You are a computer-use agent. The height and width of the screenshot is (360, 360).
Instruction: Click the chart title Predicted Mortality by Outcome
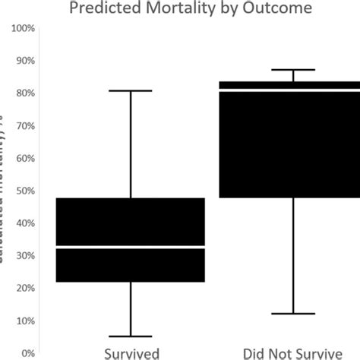click(179, 10)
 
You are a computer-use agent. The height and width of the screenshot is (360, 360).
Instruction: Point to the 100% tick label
click(24, 28)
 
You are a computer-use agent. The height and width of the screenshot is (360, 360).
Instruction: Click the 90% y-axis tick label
click(25, 61)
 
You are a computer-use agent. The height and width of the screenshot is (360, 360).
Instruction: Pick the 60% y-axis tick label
click(25, 159)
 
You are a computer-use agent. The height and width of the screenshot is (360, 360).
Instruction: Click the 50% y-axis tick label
click(25, 191)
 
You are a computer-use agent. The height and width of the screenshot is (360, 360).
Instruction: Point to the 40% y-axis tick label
click(25, 223)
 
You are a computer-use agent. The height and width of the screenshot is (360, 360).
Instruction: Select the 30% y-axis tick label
click(25, 256)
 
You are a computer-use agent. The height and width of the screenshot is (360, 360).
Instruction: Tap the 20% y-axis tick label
click(25, 289)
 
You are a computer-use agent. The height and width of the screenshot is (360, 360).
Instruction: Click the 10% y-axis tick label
click(25, 321)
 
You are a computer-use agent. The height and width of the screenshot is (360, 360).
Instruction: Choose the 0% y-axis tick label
click(27, 353)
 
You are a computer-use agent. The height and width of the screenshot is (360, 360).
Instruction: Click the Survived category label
click(131, 353)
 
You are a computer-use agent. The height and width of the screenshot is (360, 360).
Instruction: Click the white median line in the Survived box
click(131, 248)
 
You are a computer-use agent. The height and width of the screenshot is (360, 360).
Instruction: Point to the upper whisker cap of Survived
click(131, 91)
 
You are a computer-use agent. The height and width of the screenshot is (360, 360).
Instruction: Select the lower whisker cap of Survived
click(131, 336)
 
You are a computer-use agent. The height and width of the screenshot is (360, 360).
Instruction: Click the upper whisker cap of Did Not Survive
click(293, 70)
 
